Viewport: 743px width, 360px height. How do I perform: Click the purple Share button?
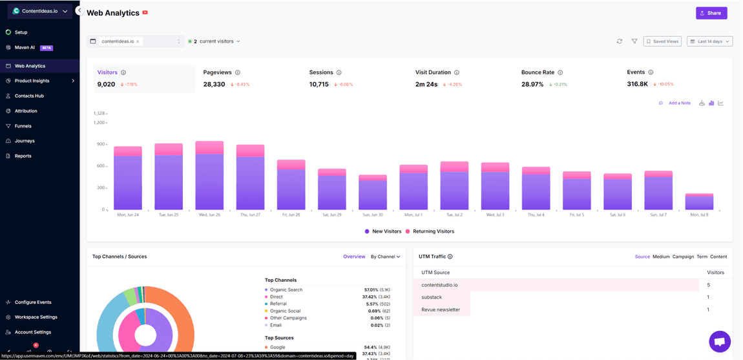(x=711, y=13)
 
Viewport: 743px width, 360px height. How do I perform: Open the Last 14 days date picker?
(x=709, y=41)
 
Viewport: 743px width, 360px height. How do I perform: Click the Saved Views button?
(x=662, y=41)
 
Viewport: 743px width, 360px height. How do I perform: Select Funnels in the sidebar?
(x=23, y=126)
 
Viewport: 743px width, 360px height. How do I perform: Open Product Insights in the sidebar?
(x=32, y=81)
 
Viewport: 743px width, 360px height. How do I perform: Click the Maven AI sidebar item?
(x=25, y=48)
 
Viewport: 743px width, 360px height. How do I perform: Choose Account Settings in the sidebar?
(x=32, y=332)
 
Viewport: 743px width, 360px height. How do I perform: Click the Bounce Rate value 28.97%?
(x=532, y=85)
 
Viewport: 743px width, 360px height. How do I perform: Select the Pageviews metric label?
(x=217, y=72)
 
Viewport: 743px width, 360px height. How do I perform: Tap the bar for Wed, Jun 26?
(x=209, y=176)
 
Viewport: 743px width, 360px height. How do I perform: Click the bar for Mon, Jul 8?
(x=699, y=202)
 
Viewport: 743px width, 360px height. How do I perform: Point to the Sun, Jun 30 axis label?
(x=372, y=215)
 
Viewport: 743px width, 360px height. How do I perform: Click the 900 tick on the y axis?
(x=101, y=144)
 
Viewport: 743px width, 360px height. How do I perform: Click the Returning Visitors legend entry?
(x=433, y=231)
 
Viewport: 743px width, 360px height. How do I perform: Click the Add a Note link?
(x=679, y=103)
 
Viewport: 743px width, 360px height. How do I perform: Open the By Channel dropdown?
(x=385, y=257)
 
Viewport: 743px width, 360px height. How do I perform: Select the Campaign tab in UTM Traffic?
(x=683, y=257)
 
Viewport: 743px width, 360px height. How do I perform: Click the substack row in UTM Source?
(x=432, y=297)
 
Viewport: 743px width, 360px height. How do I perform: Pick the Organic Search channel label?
(x=286, y=290)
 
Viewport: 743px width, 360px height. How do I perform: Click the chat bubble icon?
(x=719, y=341)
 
